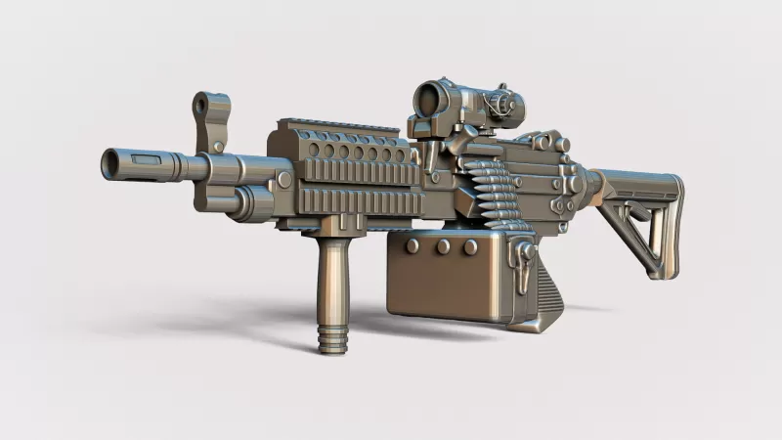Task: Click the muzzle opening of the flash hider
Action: coord(108,161)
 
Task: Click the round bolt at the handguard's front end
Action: coord(283,180)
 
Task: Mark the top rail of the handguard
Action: coord(342,130)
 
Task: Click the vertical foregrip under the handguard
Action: coord(331,284)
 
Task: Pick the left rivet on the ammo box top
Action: coord(413,246)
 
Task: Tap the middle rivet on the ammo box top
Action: coord(443,246)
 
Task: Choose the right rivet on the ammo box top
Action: coord(471,246)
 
